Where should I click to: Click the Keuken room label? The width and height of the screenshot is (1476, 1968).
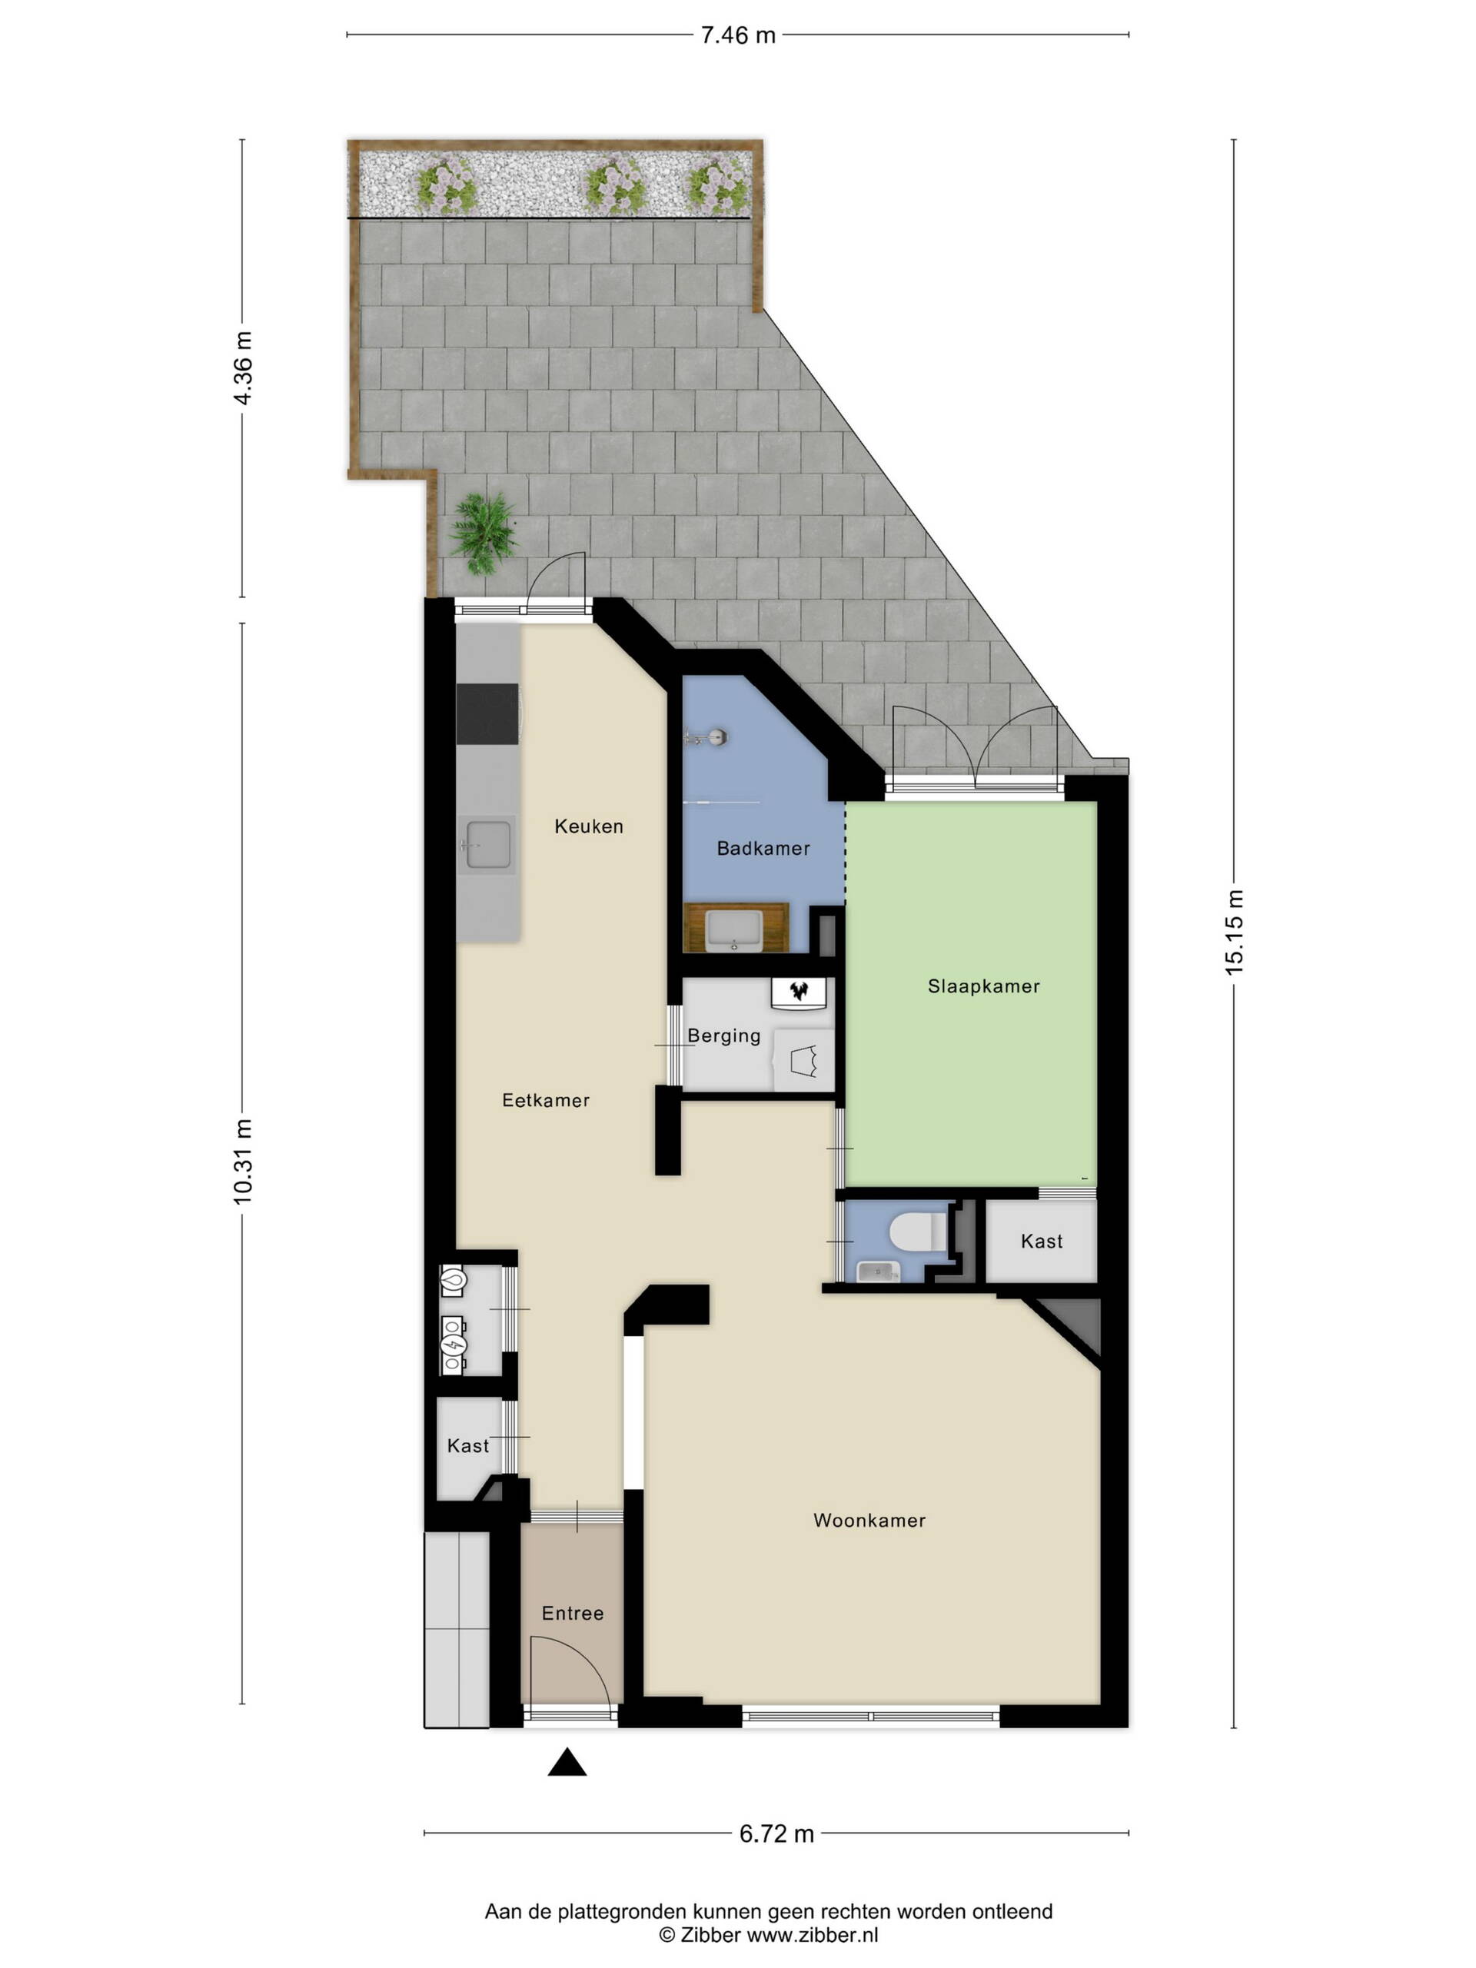pos(588,826)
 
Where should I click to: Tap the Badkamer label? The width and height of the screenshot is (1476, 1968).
pos(763,848)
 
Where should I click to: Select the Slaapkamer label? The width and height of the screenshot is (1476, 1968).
pos(983,986)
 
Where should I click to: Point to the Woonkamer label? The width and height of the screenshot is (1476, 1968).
pos(869,1521)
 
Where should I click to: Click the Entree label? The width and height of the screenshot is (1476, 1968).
pos(572,1613)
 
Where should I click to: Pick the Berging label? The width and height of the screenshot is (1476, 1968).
pos(723,1036)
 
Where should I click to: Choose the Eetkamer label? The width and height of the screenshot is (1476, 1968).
pos(545,1101)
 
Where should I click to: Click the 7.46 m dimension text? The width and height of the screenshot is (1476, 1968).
pos(737,35)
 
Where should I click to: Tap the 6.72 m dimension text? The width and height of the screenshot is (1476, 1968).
pos(776,1833)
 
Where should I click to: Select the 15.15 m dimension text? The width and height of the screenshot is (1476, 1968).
pos(1234,932)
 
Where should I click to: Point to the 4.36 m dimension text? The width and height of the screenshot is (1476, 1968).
pos(243,367)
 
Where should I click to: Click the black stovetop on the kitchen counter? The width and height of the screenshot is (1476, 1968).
pos(487,713)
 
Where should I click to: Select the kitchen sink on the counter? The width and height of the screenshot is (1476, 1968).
pos(487,844)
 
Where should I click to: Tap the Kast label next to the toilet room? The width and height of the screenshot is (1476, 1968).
pos(1041,1241)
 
